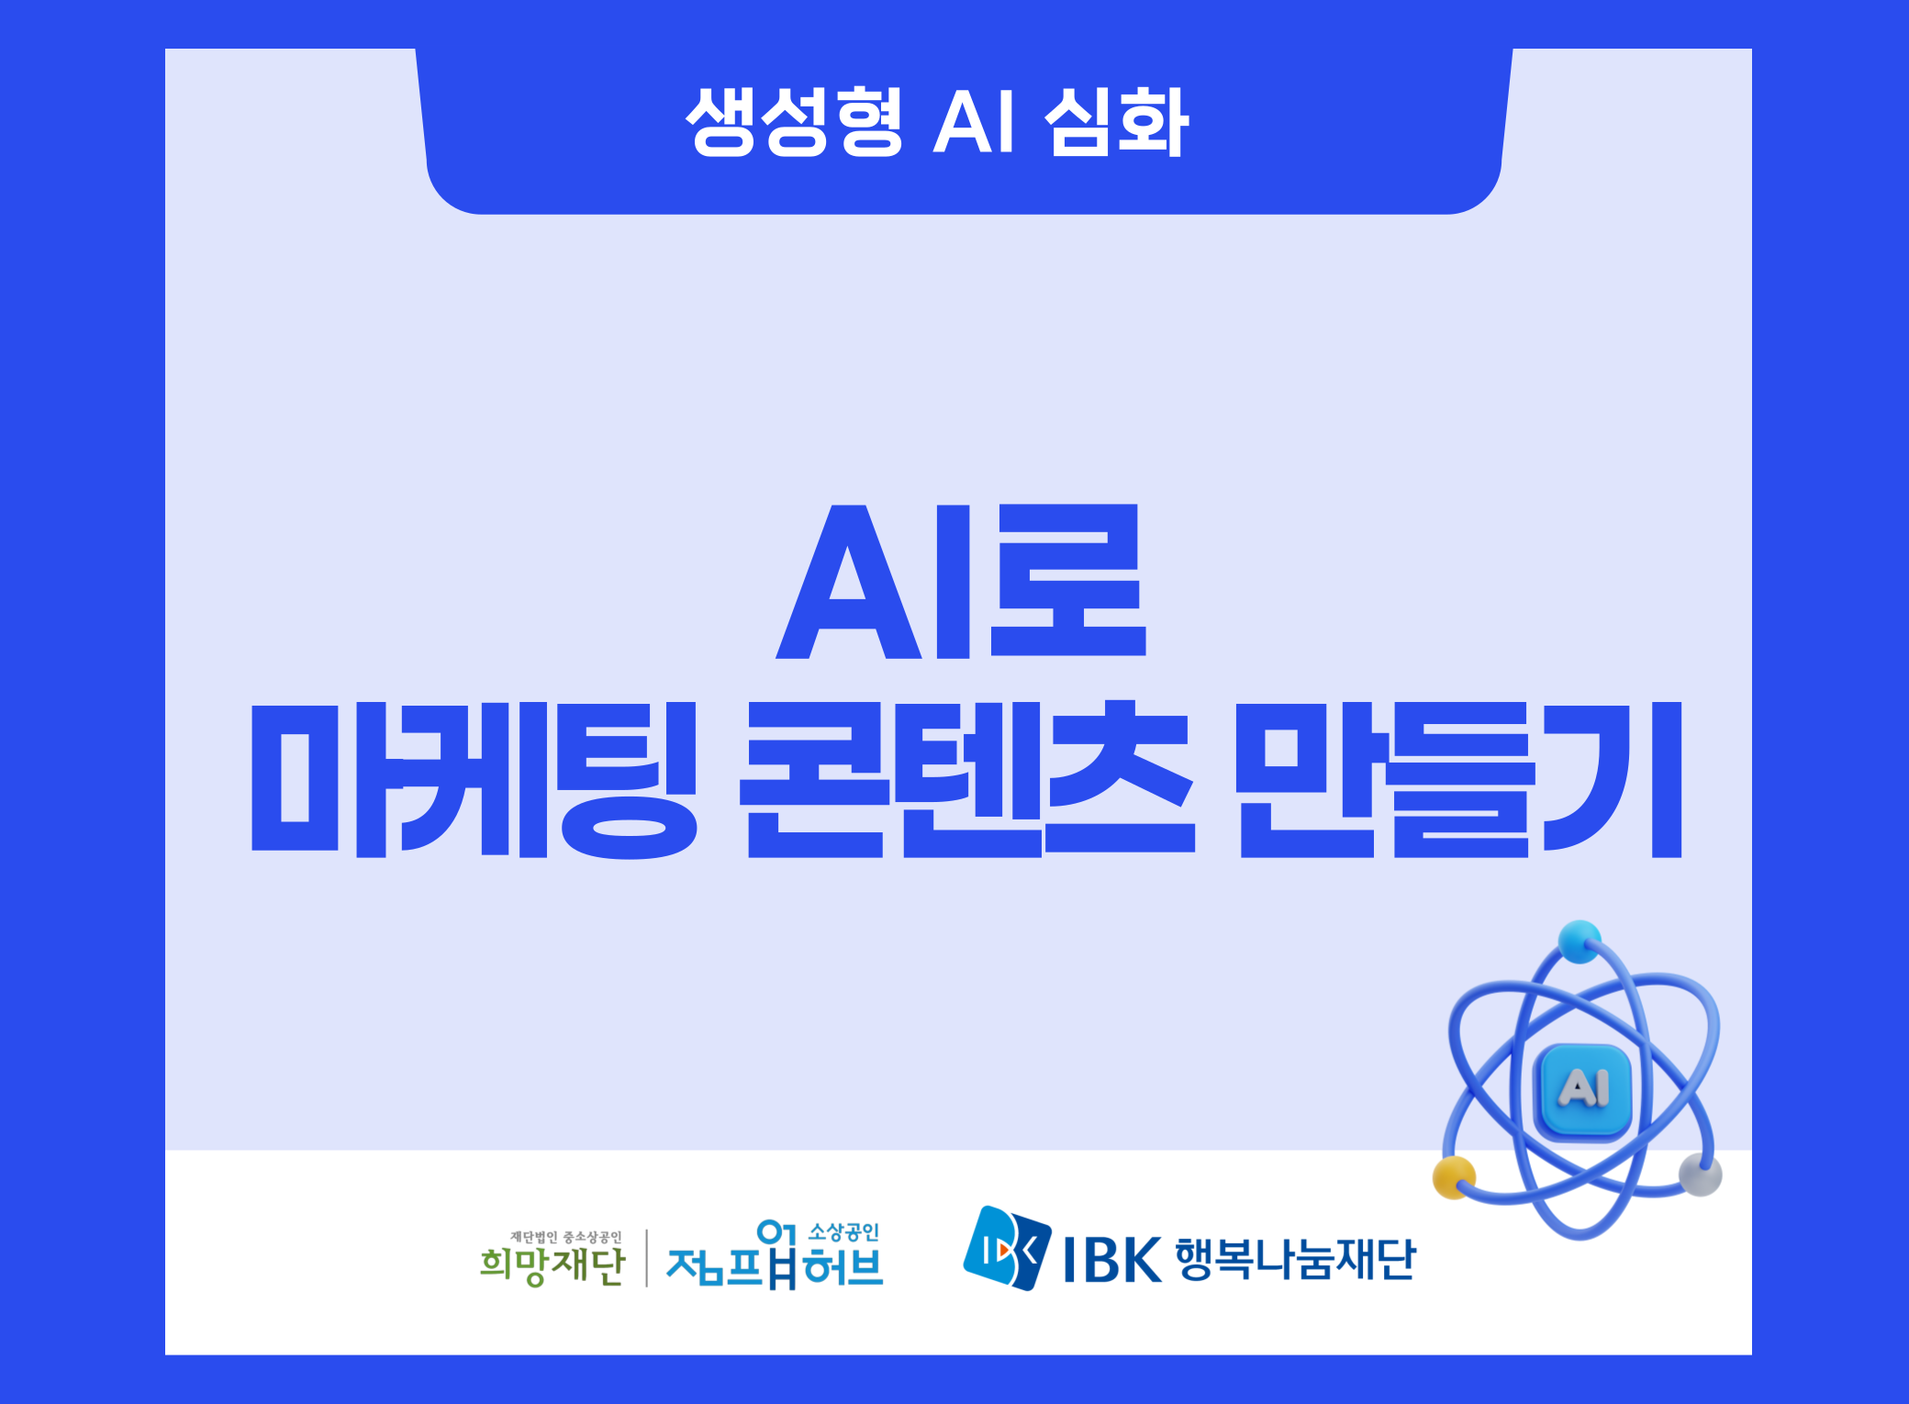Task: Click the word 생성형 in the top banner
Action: [795, 123]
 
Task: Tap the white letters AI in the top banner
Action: [974, 122]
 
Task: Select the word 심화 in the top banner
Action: [1117, 123]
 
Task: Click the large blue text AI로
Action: [961, 581]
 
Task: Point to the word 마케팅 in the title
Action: [474, 779]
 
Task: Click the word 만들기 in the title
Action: [1458, 779]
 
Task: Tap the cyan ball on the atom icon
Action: [1580, 942]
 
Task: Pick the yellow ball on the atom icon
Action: [1454, 1177]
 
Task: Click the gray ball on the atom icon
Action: [1701, 1175]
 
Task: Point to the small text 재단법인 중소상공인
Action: [565, 1237]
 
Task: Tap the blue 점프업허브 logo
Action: [775, 1255]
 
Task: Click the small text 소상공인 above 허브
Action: [843, 1232]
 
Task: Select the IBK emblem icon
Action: [1007, 1248]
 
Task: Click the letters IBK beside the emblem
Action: [1112, 1260]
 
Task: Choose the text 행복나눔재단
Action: [1296, 1259]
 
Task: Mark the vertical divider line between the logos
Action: [647, 1258]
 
